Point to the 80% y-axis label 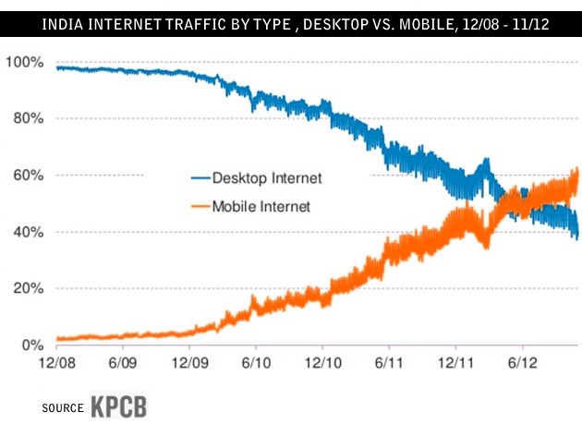26,118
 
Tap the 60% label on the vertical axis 26,176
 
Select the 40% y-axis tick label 26,232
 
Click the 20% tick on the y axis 26,288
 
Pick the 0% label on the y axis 30,345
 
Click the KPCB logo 119,406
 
